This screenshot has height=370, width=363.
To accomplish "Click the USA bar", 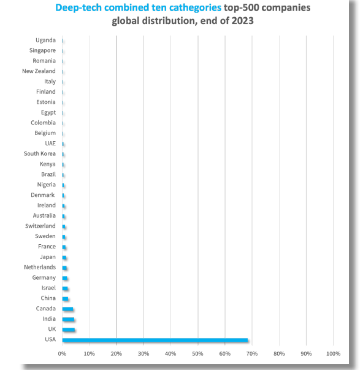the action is pyautogui.click(x=155, y=340).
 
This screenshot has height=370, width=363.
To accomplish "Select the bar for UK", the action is pyautogui.click(x=69, y=330).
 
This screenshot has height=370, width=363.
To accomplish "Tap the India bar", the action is pyautogui.click(x=68, y=319).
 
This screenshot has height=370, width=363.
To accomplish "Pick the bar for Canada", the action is pyautogui.click(x=67, y=309).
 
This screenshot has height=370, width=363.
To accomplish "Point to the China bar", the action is pyautogui.click(x=66, y=299).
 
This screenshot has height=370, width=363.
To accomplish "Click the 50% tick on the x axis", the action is pyautogui.click(x=197, y=353).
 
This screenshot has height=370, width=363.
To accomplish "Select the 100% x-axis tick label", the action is pyautogui.click(x=334, y=353).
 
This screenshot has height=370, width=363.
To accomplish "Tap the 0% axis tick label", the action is pyautogui.click(x=63, y=353).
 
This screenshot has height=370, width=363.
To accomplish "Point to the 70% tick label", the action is pyautogui.click(x=252, y=353).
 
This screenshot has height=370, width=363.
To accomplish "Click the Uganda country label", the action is pyautogui.click(x=45, y=40).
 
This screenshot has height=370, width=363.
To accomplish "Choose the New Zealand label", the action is pyautogui.click(x=39, y=71).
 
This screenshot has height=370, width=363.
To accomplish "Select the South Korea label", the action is pyautogui.click(x=40, y=153).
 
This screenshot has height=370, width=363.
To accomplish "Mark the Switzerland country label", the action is pyautogui.click(x=40, y=226).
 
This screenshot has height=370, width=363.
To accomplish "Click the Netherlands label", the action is pyautogui.click(x=40, y=267).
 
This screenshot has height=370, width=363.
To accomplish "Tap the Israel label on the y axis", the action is pyautogui.click(x=48, y=288).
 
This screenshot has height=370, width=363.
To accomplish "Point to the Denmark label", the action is pyautogui.click(x=43, y=195).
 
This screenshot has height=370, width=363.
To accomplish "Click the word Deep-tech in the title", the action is pyautogui.click(x=78, y=8).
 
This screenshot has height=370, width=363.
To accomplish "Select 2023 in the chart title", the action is pyautogui.click(x=242, y=20).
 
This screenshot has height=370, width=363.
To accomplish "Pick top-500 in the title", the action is pyautogui.click(x=242, y=8).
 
